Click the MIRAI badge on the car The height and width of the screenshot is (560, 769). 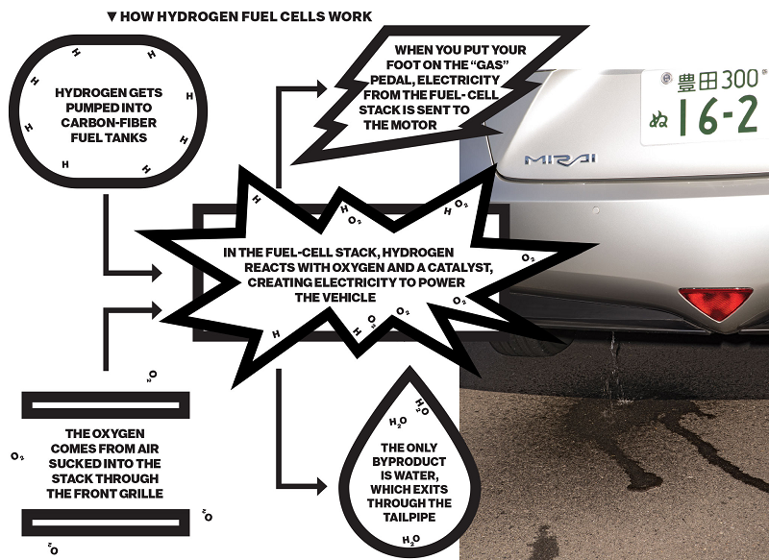[x=560, y=159]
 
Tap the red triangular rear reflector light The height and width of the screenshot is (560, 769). [x=715, y=303]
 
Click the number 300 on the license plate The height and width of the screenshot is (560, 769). [x=732, y=79]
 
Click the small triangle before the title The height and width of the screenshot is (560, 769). [x=112, y=16]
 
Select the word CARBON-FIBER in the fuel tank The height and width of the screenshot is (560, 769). [x=109, y=123]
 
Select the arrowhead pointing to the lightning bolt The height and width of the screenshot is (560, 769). [x=322, y=88]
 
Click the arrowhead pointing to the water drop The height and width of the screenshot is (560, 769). [x=322, y=486]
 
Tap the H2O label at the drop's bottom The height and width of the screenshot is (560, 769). [x=411, y=540]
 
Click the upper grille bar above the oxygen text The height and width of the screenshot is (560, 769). [x=106, y=405]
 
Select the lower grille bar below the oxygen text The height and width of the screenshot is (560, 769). [x=106, y=523]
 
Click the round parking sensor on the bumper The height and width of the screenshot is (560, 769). [x=596, y=210]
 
